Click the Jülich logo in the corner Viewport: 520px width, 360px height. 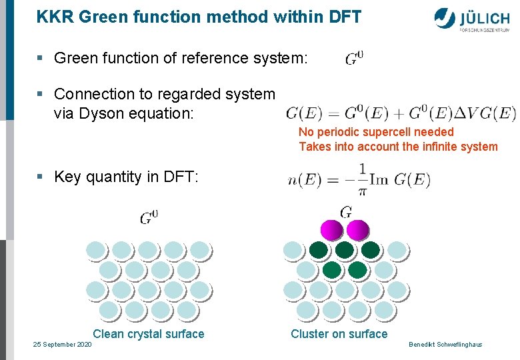(473, 19)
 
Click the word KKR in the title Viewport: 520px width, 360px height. (55, 17)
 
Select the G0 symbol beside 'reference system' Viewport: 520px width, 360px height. (355, 59)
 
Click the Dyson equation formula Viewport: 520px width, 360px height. (401, 113)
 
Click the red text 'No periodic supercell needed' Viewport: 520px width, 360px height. (376, 132)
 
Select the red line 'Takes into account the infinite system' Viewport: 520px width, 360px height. (398, 147)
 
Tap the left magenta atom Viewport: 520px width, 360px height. (332, 230)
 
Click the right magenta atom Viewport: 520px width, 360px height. (357, 230)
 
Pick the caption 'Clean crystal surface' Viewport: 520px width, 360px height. (149, 334)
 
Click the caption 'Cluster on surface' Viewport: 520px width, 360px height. (339, 334)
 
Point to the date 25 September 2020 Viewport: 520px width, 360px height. (63, 344)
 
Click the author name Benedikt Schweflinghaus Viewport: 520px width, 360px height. (445, 344)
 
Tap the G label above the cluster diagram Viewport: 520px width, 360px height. (346, 213)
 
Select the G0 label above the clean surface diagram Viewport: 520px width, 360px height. (149, 217)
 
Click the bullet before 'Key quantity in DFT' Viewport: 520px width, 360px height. (41, 177)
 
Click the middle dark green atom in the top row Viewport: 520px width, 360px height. (345, 250)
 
